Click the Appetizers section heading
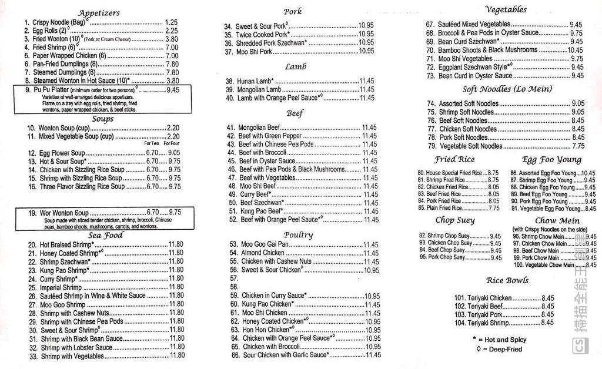(x=98, y=12)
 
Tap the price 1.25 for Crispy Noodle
(x=171, y=22)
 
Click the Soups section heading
(x=102, y=119)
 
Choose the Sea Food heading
(x=105, y=235)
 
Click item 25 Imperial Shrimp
(x=61, y=288)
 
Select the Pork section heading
(x=292, y=11)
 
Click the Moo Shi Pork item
(x=253, y=52)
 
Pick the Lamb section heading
(x=295, y=67)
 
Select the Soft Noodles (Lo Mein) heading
(x=507, y=89)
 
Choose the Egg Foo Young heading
(x=551, y=159)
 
